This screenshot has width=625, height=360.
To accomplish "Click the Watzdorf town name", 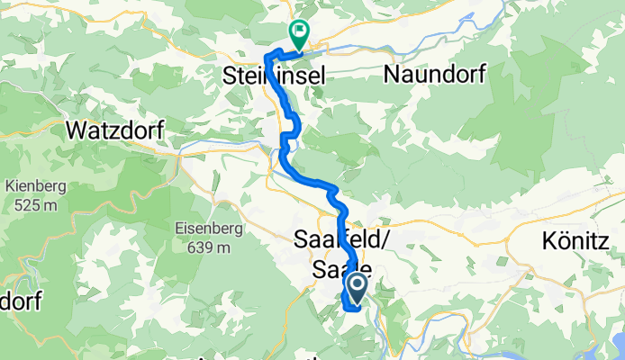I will point(114,131).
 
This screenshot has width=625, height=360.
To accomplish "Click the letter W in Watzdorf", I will point(75,131).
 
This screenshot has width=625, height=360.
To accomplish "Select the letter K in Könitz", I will point(548,240).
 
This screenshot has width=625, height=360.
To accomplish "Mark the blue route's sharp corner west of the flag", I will point(266,60).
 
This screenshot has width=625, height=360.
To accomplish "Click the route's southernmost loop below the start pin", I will point(348,309).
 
